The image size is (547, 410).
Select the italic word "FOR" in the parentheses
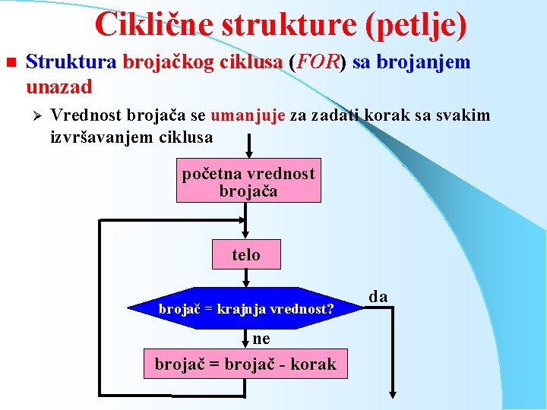click(x=318, y=62)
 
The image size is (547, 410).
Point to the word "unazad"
click(x=58, y=87)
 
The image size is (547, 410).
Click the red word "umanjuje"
click(x=248, y=116)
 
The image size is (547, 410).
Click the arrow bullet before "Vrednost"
click(x=33, y=116)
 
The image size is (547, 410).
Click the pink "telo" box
click(x=246, y=254)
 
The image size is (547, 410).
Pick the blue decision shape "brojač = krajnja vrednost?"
click(x=245, y=308)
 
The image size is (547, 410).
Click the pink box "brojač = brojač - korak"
click(x=245, y=364)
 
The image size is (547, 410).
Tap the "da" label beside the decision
click(x=378, y=296)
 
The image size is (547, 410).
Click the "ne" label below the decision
click(x=261, y=339)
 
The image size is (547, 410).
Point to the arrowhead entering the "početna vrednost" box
click(x=248, y=154)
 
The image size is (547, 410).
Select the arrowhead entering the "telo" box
click(x=246, y=235)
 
